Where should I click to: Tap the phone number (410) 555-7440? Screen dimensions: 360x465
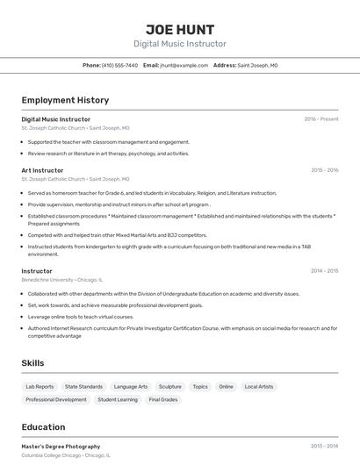click(x=119, y=65)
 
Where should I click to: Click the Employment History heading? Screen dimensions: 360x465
click(x=65, y=100)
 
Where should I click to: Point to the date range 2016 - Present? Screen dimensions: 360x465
click(x=321, y=118)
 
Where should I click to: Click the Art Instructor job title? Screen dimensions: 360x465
click(x=42, y=170)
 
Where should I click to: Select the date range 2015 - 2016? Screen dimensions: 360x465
click(x=324, y=170)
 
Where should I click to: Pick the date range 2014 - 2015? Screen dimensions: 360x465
click(x=324, y=271)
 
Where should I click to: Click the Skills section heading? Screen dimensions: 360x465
click(x=32, y=362)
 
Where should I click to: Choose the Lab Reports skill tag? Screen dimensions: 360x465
click(x=40, y=386)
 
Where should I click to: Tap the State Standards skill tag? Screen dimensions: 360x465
click(x=83, y=386)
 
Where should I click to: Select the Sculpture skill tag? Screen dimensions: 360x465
click(x=170, y=386)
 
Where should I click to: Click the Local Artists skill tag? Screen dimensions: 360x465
click(x=258, y=386)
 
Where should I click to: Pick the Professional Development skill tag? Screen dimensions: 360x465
click(x=56, y=399)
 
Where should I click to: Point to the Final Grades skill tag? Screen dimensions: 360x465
click(x=163, y=399)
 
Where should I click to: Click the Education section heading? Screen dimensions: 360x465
click(x=43, y=427)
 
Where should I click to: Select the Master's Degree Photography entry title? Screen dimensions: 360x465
click(x=61, y=447)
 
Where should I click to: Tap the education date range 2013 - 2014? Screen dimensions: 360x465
click(x=324, y=447)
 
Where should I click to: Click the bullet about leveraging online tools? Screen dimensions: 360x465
click(x=81, y=317)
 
